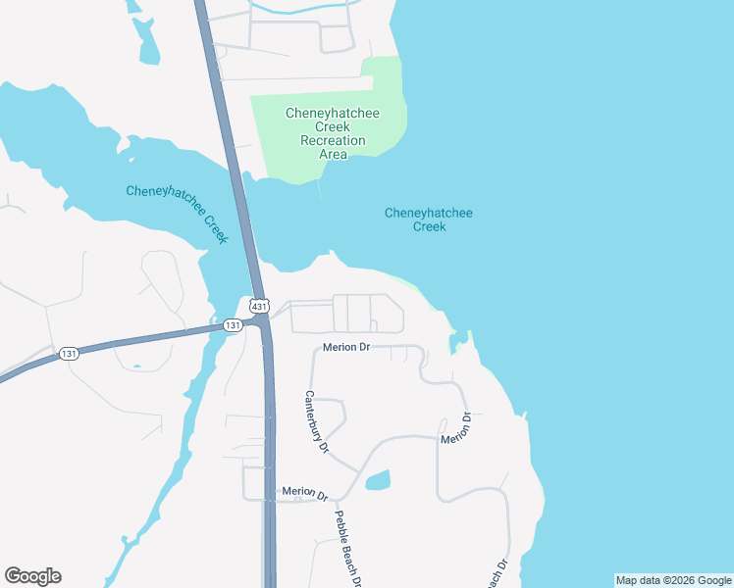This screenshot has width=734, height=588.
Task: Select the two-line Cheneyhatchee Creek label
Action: click(x=429, y=220)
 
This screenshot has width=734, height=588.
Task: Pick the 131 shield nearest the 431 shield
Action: click(x=233, y=325)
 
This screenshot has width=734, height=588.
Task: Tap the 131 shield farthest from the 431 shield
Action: click(x=69, y=354)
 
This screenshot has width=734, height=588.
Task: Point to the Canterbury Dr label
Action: click(x=316, y=420)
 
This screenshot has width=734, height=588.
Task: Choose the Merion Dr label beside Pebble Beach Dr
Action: click(x=303, y=491)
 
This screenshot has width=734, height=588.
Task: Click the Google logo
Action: click(x=33, y=576)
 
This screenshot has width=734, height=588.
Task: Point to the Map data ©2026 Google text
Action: click(x=673, y=580)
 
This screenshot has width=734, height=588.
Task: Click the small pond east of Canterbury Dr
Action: click(x=378, y=480)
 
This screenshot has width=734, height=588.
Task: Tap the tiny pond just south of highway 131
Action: click(x=136, y=367)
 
